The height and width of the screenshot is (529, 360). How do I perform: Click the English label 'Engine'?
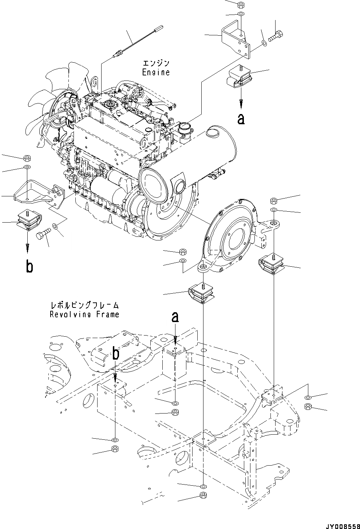pos(155,72)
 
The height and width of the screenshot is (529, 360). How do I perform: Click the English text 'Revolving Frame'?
pos(84,314)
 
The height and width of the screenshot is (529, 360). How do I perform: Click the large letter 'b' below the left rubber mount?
pos(29,267)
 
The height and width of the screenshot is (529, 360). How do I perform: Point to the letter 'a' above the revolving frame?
pos(175,317)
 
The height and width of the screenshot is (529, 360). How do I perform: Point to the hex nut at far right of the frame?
pos(307,406)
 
